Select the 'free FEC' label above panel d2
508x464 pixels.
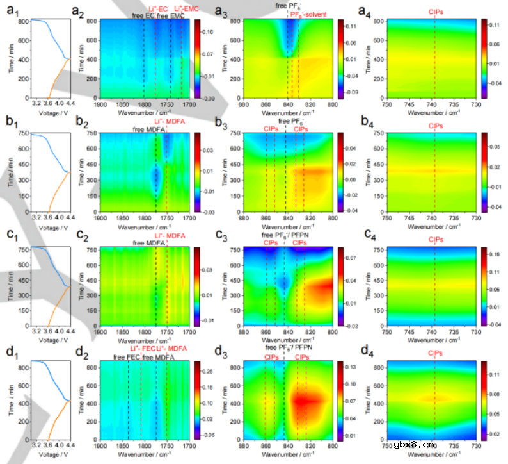[x=127, y=357]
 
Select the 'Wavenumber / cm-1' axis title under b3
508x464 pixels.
[x=287, y=226]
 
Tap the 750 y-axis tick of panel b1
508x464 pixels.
[x=22, y=133]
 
